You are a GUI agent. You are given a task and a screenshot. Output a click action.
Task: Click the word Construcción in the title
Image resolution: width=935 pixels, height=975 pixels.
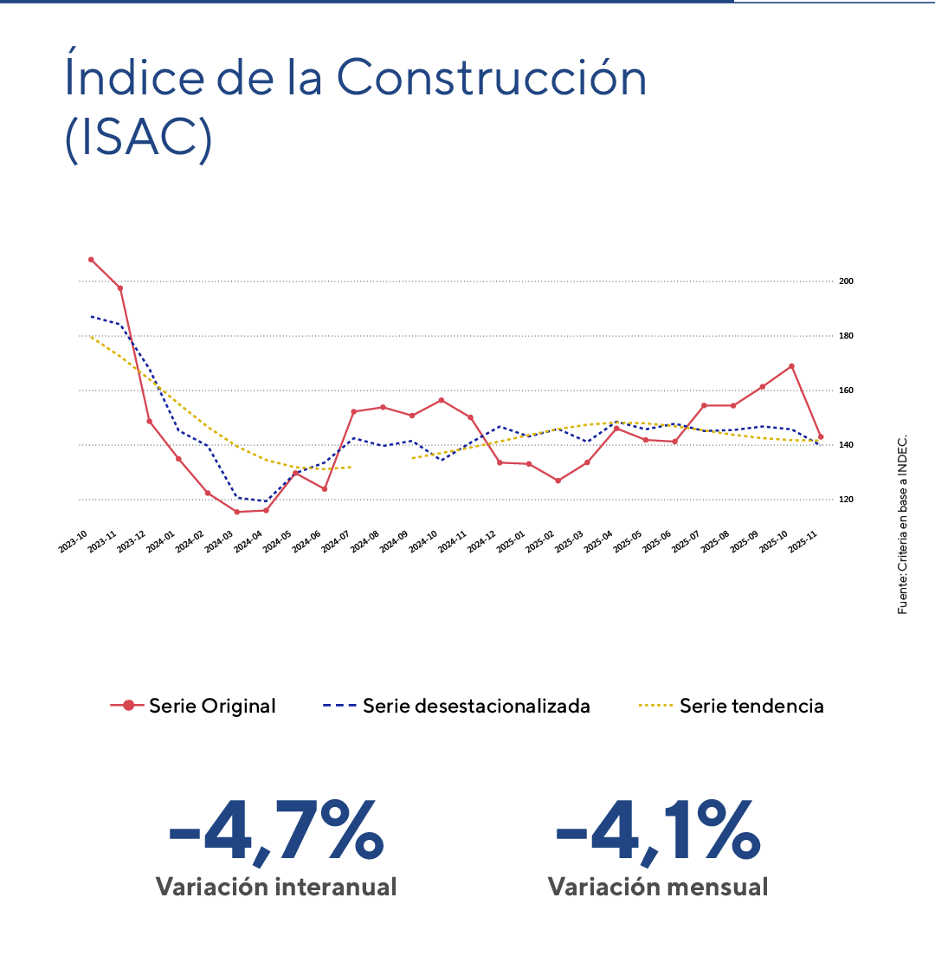click(491, 78)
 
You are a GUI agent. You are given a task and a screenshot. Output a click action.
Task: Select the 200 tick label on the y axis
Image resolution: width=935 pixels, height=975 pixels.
click(846, 281)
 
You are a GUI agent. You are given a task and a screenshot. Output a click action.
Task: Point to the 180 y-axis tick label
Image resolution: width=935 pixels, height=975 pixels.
click(846, 336)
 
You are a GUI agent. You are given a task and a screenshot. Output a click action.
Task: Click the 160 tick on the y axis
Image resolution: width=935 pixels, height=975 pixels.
click(846, 391)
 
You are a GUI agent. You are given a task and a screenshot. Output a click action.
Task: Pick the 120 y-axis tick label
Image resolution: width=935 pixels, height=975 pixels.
click(846, 500)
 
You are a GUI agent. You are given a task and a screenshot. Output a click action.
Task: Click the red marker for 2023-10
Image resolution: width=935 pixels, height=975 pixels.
click(91, 260)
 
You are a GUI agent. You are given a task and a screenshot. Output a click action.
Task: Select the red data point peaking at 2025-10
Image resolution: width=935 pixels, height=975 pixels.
click(791, 366)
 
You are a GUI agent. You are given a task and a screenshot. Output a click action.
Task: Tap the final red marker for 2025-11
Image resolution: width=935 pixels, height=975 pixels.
click(821, 437)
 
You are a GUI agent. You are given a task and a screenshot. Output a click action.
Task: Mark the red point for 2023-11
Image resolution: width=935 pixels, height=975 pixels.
click(119, 288)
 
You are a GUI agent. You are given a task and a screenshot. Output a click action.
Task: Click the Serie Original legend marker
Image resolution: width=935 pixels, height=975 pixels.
click(128, 706)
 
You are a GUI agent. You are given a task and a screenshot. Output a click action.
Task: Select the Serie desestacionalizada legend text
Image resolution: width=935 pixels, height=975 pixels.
click(476, 706)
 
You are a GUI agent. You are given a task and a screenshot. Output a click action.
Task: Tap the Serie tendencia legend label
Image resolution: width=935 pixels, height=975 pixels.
click(751, 706)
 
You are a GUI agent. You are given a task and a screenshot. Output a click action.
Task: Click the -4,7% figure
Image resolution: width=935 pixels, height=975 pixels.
click(275, 832)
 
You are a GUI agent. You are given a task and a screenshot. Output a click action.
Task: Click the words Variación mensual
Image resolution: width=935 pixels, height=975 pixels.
click(657, 887)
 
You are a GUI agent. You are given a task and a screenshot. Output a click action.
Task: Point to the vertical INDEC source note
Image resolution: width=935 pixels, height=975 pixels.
click(903, 524)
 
